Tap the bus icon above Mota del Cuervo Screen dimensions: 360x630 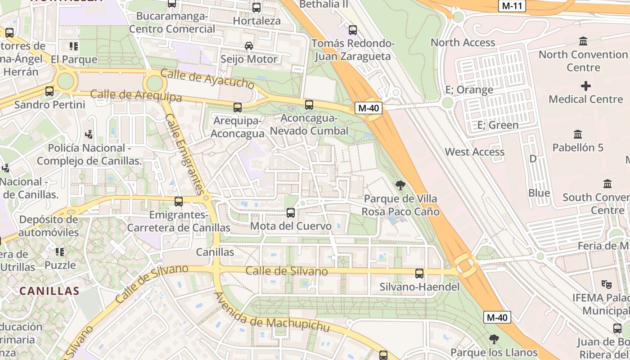point(291,212)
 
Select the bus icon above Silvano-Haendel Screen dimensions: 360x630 point(419,273)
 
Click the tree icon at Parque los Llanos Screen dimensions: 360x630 point(494,339)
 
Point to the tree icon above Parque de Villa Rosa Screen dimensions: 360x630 point(400,185)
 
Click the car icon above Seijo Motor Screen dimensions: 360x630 point(249,45)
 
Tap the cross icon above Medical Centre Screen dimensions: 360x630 point(585,85)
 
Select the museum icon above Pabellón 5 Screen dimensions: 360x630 point(578,134)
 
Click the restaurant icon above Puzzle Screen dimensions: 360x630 point(60,252)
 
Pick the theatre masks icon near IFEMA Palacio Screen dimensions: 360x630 point(606,284)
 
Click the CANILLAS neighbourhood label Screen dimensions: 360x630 point(49,291)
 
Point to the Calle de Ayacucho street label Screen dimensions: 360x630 point(207,80)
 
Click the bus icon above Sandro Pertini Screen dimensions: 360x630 point(49,91)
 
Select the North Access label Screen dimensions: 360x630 point(463,42)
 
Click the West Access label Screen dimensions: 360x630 point(475,152)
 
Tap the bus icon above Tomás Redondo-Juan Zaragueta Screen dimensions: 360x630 point(353,30)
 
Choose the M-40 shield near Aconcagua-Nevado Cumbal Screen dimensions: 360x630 point(369,108)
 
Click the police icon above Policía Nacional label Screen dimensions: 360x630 point(89,134)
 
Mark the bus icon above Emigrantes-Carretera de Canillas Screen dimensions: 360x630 point(179,201)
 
